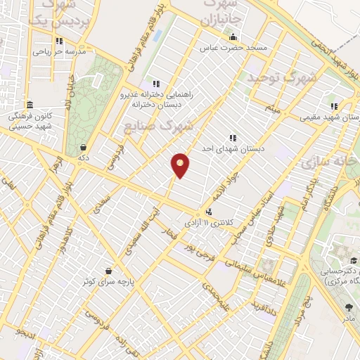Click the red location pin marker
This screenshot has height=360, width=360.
point(181,165)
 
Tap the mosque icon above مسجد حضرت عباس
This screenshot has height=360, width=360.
point(233,37)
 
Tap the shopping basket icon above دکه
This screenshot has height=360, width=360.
point(84,148)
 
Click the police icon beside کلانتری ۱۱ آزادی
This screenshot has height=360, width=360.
point(209,211)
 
